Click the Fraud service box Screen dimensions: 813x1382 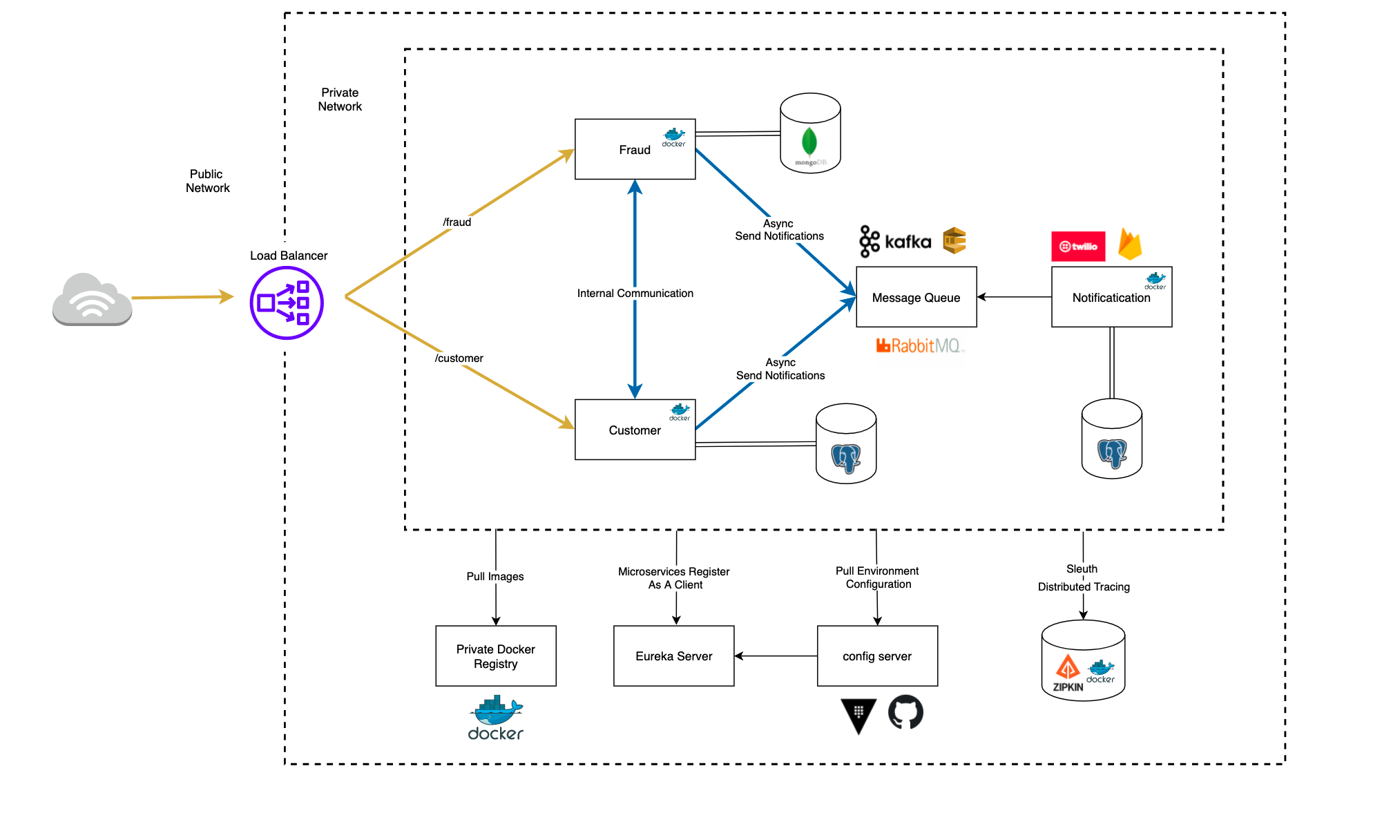coord(634,149)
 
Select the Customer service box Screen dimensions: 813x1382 coord(634,430)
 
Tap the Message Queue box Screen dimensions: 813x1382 coord(916,297)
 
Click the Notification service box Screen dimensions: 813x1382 coord(1111,297)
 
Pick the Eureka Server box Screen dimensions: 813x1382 coord(673,656)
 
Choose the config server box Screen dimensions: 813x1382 coord(876,656)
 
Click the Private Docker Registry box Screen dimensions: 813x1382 coord(495,656)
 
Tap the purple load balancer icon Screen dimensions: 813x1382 coord(287,303)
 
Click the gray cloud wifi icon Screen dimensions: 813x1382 coord(92,299)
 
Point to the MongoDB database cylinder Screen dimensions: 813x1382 coord(809,133)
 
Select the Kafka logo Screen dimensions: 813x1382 coord(895,241)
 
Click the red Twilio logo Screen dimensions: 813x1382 coord(1077,247)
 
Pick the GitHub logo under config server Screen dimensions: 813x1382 coord(905,712)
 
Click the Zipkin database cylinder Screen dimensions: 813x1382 coord(1082,661)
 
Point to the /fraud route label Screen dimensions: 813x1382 coord(457,222)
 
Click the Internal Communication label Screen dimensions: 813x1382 coord(635,293)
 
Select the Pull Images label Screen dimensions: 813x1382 coord(495,576)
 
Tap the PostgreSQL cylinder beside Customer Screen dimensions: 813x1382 coord(845,443)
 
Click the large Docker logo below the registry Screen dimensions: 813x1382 coord(495,718)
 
